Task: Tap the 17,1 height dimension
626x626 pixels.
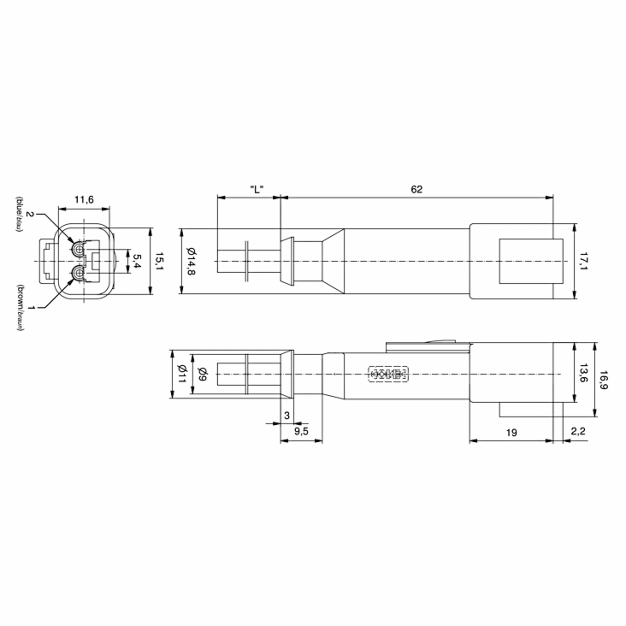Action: (583, 261)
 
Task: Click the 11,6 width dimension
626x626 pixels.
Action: (84, 200)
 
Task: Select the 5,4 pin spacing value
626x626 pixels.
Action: (137, 261)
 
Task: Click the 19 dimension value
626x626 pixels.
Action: (511, 432)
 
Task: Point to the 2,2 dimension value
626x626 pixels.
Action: (578, 431)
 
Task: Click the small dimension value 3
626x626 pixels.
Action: (286, 416)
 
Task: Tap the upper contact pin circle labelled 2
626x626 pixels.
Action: (78, 249)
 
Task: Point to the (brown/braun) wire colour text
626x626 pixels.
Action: (20, 308)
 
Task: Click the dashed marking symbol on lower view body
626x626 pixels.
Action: (388, 374)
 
